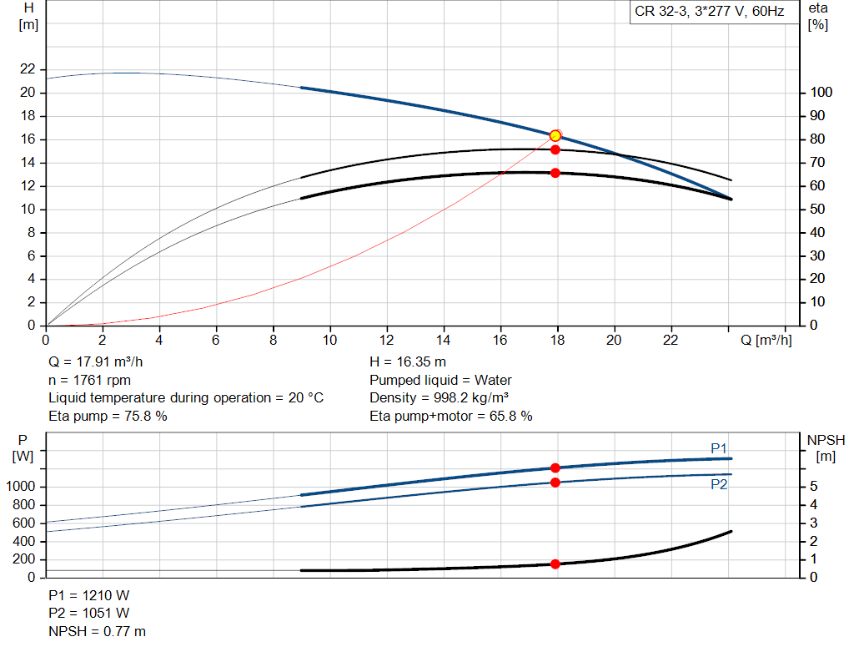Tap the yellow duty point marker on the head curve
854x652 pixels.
(555, 135)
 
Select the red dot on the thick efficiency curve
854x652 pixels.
(555, 173)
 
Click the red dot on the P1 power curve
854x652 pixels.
(555, 468)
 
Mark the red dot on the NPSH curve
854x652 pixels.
(555, 564)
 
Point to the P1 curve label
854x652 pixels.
(719, 449)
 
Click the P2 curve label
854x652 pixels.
(719, 484)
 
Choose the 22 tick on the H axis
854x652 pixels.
(28, 69)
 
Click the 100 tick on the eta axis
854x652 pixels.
(821, 93)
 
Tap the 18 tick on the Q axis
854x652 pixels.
(557, 340)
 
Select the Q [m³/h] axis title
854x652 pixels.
(766, 340)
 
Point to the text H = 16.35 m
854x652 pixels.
(407, 362)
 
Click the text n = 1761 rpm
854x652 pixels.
(91, 380)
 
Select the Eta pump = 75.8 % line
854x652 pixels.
(108, 416)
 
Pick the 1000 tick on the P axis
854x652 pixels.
(23, 487)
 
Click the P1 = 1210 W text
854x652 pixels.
(89, 595)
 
